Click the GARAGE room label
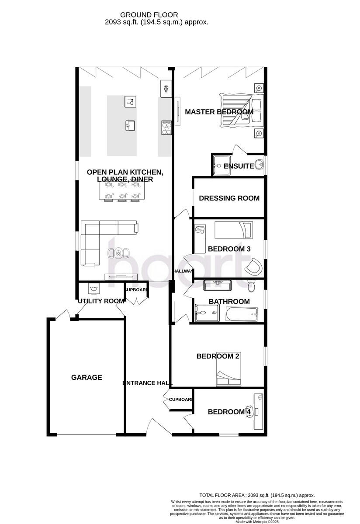(x=87, y=377)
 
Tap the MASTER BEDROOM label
(x=219, y=112)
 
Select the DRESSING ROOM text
(x=229, y=198)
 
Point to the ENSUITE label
(x=239, y=166)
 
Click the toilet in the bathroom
(x=251, y=286)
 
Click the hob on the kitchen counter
(x=166, y=127)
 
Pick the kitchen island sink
(x=130, y=126)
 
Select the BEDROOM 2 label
(x=218, y=356)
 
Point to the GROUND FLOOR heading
(x=156, y=15)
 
